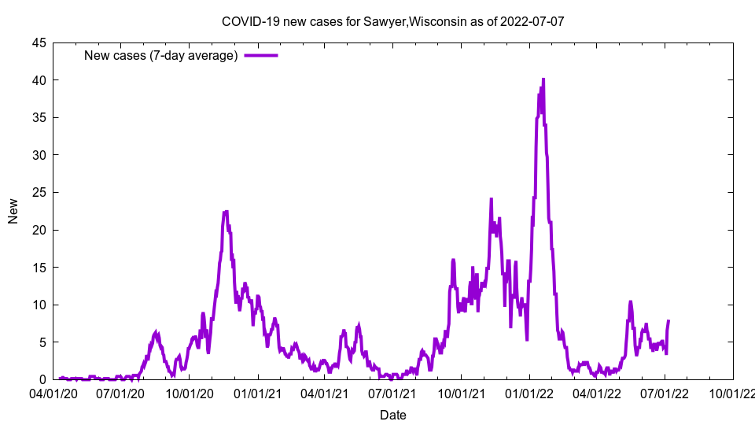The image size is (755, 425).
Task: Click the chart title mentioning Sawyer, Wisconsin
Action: click(392, 21)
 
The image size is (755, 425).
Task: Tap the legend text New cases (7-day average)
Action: click(160, 55)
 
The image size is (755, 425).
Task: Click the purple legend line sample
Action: click(261, 55)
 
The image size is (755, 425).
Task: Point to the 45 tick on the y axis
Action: click(39, 42)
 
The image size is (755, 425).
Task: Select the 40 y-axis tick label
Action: click(39, 80)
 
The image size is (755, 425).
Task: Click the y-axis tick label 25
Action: click(39, 192)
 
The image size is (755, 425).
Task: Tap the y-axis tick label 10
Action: click(39, 305)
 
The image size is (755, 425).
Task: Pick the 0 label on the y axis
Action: click(42, 379)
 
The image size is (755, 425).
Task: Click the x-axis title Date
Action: click(393, 415)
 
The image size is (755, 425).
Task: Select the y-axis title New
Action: click(13, 211)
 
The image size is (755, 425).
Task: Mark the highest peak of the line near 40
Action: click(543, 79)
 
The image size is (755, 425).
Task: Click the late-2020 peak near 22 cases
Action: click(226, 212)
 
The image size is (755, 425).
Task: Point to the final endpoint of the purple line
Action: click(668, 321)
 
